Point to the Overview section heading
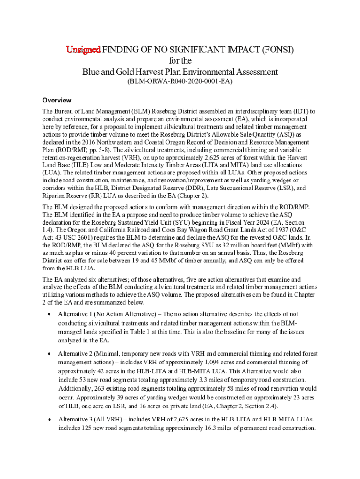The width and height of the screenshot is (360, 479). [x=57, y=100]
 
